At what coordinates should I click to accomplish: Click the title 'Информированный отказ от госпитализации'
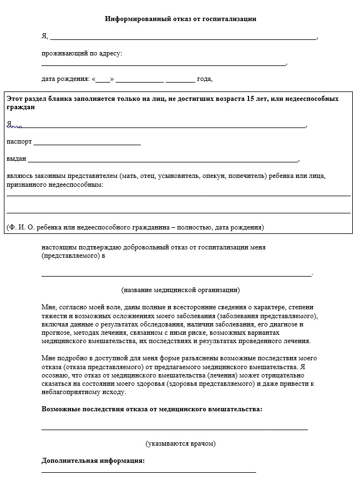180,19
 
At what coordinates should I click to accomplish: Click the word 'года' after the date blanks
204,79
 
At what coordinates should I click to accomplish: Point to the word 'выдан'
16,159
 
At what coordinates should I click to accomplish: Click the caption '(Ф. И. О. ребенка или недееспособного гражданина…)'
135,227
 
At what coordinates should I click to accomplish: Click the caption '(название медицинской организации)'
180,289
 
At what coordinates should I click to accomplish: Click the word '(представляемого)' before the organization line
70,256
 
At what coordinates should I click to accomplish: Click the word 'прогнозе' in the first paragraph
56,333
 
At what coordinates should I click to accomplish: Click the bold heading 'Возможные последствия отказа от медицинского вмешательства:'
152,410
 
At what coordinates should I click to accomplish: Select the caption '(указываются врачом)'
180,443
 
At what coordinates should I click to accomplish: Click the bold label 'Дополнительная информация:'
93,461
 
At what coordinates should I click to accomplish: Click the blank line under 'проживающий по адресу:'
164,65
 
